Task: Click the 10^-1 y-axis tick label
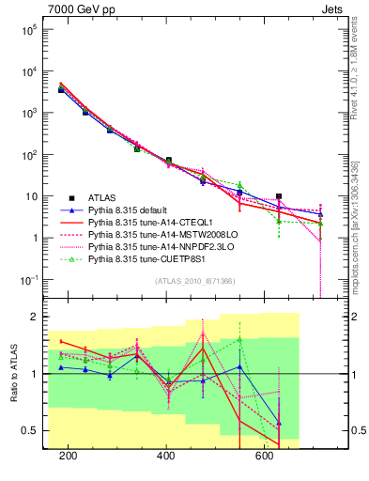pos(27,279)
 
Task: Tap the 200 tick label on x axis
pos(68,457)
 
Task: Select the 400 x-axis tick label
pos(166,457)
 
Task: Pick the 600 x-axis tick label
pos(265,457)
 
